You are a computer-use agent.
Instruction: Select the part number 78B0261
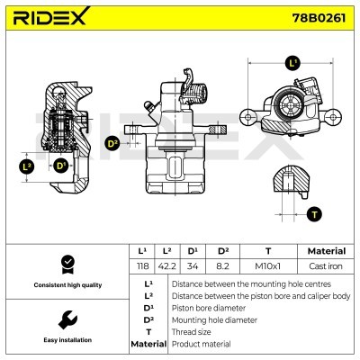tap(319, 18)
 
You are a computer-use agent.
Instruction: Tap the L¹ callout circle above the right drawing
tap(292, 63)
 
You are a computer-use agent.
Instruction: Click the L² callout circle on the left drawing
tap(27, 166)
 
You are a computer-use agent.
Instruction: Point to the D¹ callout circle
tap(60, 166)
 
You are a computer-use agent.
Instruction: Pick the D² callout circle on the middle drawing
tap(112, 144)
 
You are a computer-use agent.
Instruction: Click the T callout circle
tap(314, 214)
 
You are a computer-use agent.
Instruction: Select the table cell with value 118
tap(142, 266)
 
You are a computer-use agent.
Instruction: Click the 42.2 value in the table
tap(166, 266)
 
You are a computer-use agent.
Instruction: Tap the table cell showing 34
tap(193, 266)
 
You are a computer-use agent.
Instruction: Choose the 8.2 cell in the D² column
tap(222, 266)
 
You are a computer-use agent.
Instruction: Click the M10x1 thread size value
tap(268, 266)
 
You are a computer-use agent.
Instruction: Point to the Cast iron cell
tap(326, 266)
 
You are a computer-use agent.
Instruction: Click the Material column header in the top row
tap(327, 251)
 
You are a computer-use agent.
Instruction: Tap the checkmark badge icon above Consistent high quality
tap(67, 265)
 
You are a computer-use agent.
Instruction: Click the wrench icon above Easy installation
tap(67, 320)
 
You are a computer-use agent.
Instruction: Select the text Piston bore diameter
tap(209, 308)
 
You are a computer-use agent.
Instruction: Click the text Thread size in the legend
tap(191, 332)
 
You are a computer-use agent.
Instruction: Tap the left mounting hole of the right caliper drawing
tap(247, 117)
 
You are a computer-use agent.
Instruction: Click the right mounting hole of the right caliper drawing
tap(333, 116)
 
